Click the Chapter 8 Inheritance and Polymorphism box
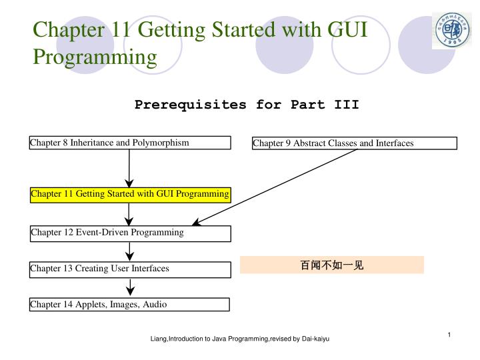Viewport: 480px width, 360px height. coord(130,143)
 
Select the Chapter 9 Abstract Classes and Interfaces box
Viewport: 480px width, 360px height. coord(355,143)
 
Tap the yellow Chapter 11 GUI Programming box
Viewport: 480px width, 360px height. coord(130,194)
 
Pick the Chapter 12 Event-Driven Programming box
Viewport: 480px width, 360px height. coord(130,233)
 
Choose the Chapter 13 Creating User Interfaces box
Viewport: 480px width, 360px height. coord(130,269)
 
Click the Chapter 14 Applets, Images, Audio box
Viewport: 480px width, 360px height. coord(130,305)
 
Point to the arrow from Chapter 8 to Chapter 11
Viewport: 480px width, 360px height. coord(130,168)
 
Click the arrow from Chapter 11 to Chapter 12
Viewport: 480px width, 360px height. coord(130,213)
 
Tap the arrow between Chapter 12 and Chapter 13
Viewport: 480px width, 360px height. coord(130,251)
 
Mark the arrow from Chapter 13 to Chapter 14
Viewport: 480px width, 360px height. coord(130,287)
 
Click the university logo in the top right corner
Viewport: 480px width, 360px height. coord(451,30)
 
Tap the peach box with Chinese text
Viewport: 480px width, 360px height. coord(331,265)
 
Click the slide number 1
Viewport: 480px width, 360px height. coord(450,334)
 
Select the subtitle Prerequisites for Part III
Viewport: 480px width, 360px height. coord(247,105)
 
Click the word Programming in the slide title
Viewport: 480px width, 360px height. coord(95,57)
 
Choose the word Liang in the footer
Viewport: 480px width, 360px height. coord(158,339)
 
